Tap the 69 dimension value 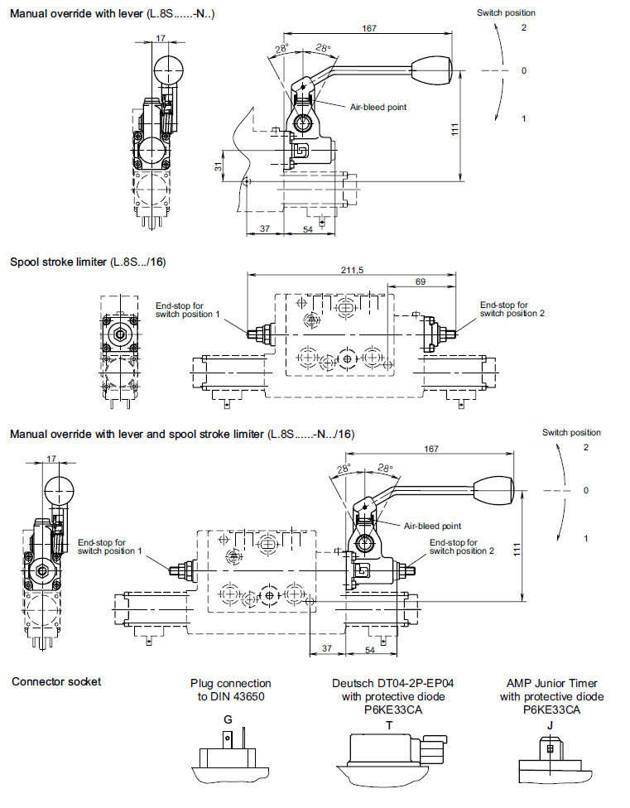click(x=421, y=282)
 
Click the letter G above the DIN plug click(x=228, y=720)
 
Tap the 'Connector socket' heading click(x=56, y=681)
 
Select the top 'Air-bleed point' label click(x=378, y=107)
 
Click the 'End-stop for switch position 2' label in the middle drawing click(x=512, y=309)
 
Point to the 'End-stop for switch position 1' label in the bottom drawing click(x=110, y=546)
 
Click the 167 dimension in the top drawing click(x=369, y=28)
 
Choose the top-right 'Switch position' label click(x=506, y=12)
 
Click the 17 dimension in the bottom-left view click(x=52, y=458)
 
